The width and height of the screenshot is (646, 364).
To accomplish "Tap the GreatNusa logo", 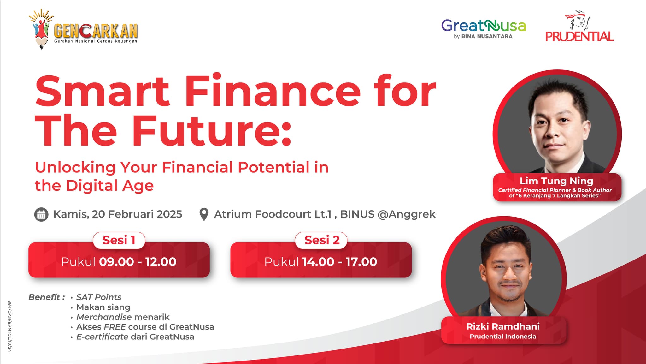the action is [x=484, y=29].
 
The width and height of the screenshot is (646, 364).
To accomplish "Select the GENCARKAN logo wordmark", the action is [x=96, y=31].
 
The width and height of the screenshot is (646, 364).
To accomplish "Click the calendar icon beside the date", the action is [x=41, y=215].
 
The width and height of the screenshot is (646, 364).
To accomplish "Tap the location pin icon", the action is [x=204, y=215].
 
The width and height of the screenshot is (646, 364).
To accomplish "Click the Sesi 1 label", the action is [x=119, y=240].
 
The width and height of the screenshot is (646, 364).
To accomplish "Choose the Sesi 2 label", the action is [x=322, y=240].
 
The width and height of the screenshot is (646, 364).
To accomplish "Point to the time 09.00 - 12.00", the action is [x=138, y=262].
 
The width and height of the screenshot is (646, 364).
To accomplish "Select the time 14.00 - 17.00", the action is [x=339, y=262].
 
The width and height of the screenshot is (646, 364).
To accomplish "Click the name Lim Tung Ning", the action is [x=556, y=181].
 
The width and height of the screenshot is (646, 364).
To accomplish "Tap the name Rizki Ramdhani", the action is [x=503, y=326].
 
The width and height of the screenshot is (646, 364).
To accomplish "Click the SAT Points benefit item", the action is [x=99, y=297].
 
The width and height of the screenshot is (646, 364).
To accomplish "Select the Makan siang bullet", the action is [x=103, y=307].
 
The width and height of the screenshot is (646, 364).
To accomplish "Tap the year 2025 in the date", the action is [x=169, y=214].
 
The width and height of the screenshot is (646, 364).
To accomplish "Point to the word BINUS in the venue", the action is [x=357, y=214].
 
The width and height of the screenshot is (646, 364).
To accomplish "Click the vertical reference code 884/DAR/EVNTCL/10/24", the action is [x=9, y=326].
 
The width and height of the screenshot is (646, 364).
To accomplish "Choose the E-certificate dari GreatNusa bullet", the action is [x=135, y=337].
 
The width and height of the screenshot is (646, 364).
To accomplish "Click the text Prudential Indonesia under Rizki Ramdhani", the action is [x=503, y=337].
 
